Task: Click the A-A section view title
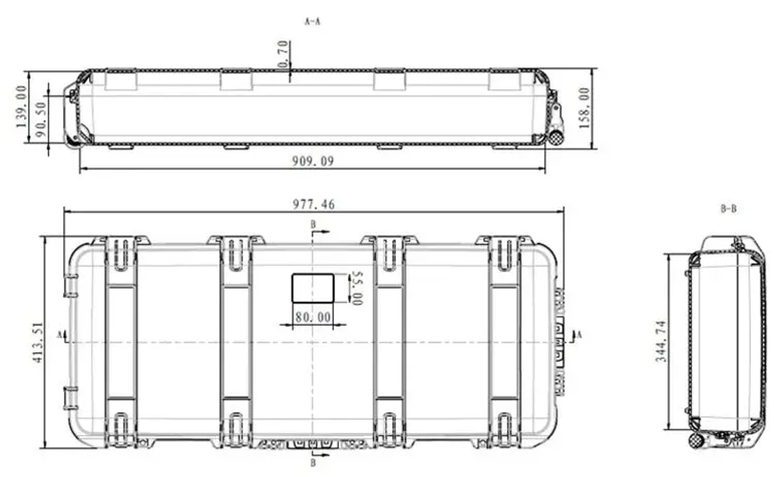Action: coord(312,22)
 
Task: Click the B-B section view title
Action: coord(728,209)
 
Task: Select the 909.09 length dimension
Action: coord(313,161)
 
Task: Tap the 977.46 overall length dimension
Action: coord(314,204)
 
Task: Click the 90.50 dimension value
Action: coord(39,116)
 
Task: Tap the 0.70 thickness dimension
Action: coord(283,54)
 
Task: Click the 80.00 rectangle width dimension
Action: coord(313,317)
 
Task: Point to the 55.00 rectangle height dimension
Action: coord(356,287)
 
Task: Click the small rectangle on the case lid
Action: coord(313,288)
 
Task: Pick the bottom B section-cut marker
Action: coord(313,463)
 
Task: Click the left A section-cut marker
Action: coord(61,335)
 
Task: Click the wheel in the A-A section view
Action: coord(555,137)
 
